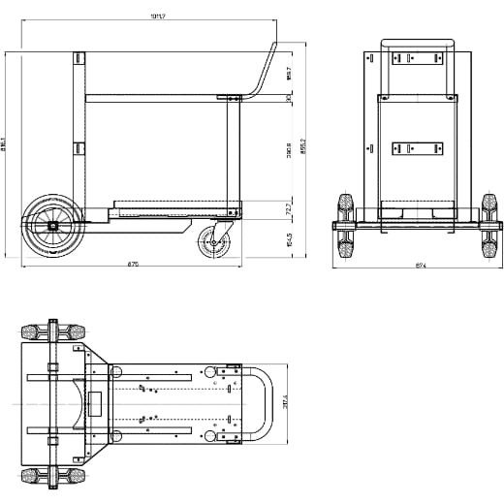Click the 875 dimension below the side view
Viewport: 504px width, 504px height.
click(x=132, y=265)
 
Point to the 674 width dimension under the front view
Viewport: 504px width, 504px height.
click(x=420, y=265)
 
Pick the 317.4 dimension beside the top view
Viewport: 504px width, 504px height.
click(x=285, y=402)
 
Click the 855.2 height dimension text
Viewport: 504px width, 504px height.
click(x=302, y=145)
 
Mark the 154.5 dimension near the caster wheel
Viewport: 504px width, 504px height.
click(x=289, y=239)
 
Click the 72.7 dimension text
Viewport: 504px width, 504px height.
click(x=289, y=209)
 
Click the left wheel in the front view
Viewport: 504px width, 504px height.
click(x=343, y=224)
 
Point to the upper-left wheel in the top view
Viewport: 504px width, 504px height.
click(x=41, y=331)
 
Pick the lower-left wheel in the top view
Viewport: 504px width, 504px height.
click(x=41, y=476)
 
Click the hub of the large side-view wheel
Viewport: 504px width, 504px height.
click(x=51, y=225)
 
